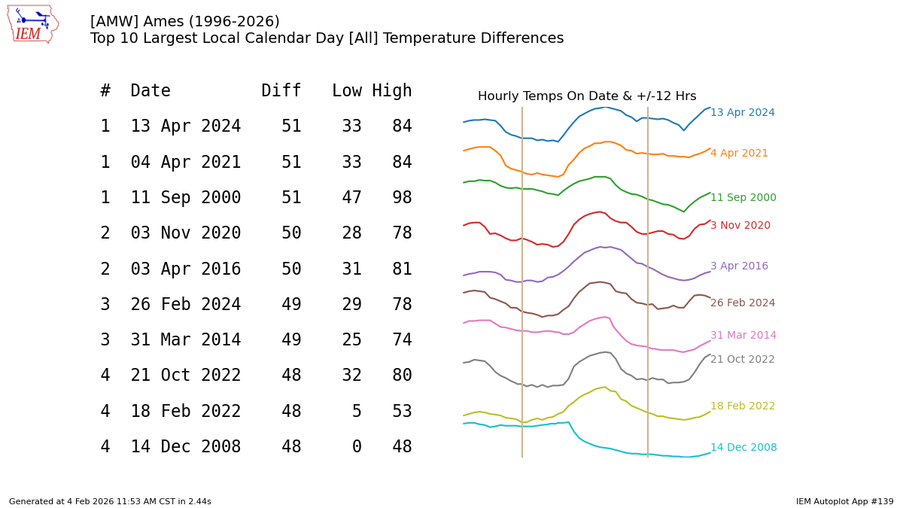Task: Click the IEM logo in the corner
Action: click(32, 24)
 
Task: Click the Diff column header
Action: click(281, 91)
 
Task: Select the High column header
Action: click(391, 91)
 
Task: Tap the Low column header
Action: click(346, 91)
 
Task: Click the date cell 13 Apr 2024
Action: click(185, 126)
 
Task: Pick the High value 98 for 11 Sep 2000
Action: click(401, 198)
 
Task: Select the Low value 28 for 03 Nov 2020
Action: click(351, 233)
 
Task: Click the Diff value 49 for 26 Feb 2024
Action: click(291, 305)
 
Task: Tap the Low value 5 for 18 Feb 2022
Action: click(357, 412)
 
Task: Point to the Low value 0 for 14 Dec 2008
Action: click(357, 447)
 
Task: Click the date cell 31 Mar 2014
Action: click(185, 340)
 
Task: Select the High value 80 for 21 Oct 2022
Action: click(401, 376)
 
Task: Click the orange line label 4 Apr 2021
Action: click(739, 154)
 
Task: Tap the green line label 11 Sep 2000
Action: click(743, 198)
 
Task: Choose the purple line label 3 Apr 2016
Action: click(739, 266)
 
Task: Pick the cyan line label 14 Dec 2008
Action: click(743, 448)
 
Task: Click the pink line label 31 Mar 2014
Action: click(743, 336)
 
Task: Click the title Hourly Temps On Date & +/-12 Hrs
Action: click(586, 96)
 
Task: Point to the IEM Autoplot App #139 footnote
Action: click(844, 501)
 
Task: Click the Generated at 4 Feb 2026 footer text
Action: click(110, 501)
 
